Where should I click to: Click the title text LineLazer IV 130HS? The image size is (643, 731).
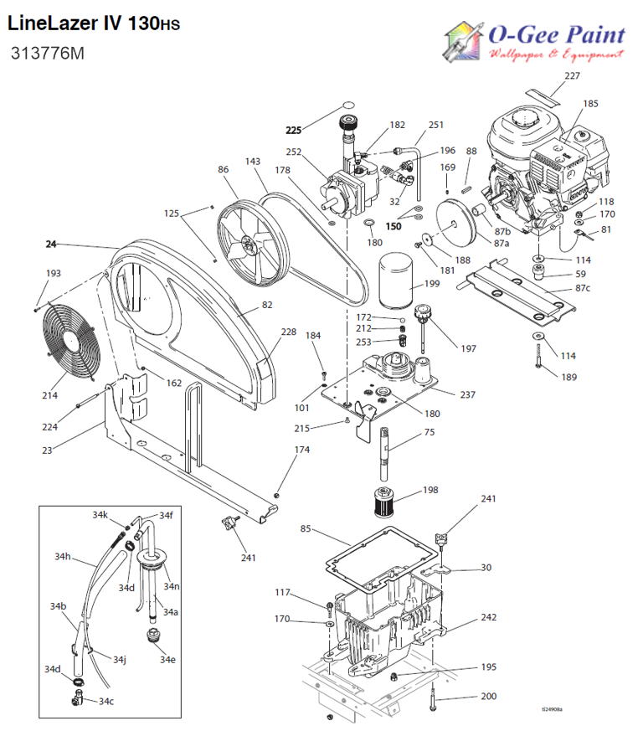click(x=93, y=23)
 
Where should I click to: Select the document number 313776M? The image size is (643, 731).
click(x=47, y=54)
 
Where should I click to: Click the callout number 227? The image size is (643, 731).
click(x=571, y=76)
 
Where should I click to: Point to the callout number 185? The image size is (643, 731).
click(x=590, y=104)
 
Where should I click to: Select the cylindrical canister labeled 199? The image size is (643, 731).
click(x=394, y=284)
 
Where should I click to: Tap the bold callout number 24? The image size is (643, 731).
click(x=51, y=245)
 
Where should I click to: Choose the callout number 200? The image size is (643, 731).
click(x=488, y=696)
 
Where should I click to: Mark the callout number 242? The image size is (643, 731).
click(x=488, y=617)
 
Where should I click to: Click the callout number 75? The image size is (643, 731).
click(x=429, y=433)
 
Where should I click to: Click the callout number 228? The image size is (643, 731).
click(x=288, y=332)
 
